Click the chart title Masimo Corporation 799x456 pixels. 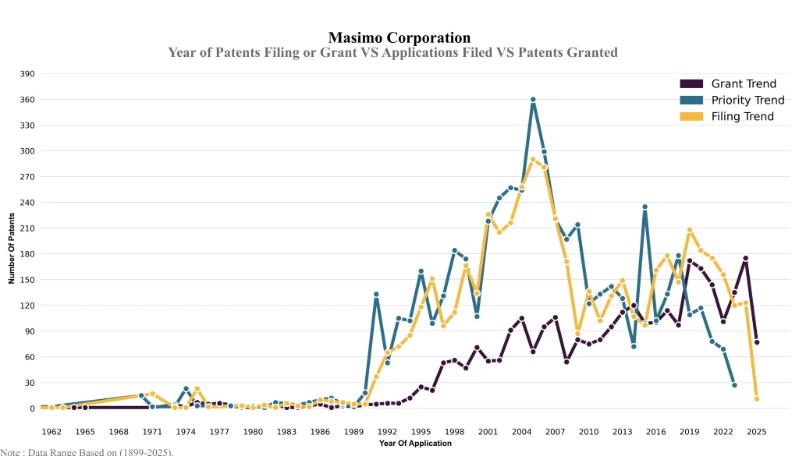click(x=399, y=37)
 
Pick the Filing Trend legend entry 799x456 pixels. click(x=742, y=116)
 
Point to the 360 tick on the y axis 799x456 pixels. click(x=27, y=100)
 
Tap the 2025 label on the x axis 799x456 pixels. click(x=757, y=431)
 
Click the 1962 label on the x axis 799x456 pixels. click(x=51, y=431)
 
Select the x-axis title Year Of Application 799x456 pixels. click(x=415, y=444)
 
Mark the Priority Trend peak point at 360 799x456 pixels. click(x=533, y=100)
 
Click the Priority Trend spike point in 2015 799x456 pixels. click(x=645, y=207)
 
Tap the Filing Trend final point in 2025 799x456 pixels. click(x=757, y=399)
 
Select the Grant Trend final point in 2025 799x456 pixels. click(x=757, y=342)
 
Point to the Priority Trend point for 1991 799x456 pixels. click(x=376, y=295)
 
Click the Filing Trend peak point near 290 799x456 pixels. click(x=533, y=160)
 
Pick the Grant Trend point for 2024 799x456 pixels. click(x=746, y=258)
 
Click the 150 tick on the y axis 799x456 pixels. click(x=27, y=280)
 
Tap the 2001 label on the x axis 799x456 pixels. click(x=488, y=431)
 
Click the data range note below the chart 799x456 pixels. click(x=87, y=451)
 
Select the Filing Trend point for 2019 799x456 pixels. click(x=690, y=230)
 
